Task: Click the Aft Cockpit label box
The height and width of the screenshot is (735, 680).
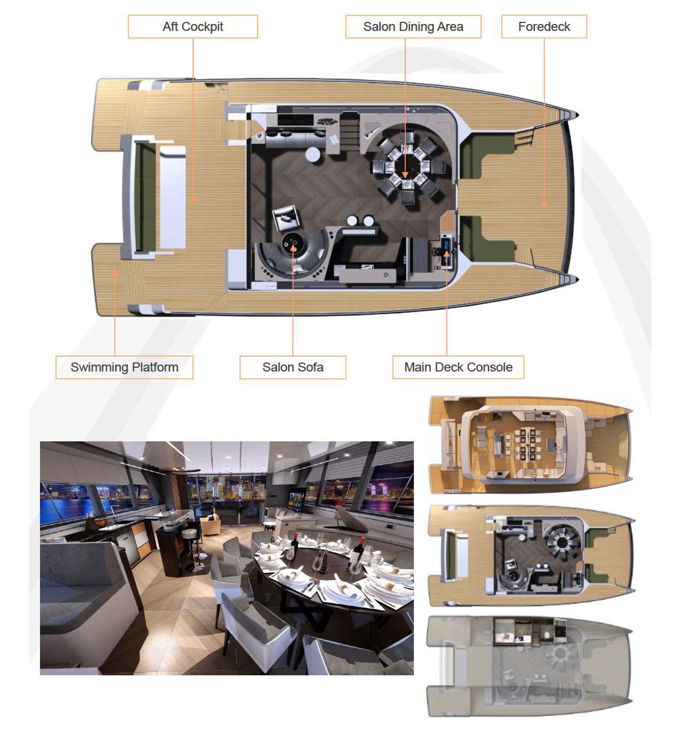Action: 193,26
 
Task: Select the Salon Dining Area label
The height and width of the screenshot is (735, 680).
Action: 413,26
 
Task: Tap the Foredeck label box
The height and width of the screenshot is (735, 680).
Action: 544,26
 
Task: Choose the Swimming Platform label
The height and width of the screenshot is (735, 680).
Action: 124,367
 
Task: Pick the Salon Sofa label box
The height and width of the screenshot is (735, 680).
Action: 293,367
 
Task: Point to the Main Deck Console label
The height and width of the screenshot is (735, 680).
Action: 458,367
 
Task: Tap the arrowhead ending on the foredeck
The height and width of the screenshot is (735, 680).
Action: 544,205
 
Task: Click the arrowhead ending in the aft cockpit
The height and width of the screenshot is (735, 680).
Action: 193,200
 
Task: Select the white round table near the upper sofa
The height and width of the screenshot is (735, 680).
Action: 313,154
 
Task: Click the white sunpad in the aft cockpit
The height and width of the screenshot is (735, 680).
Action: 173,197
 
